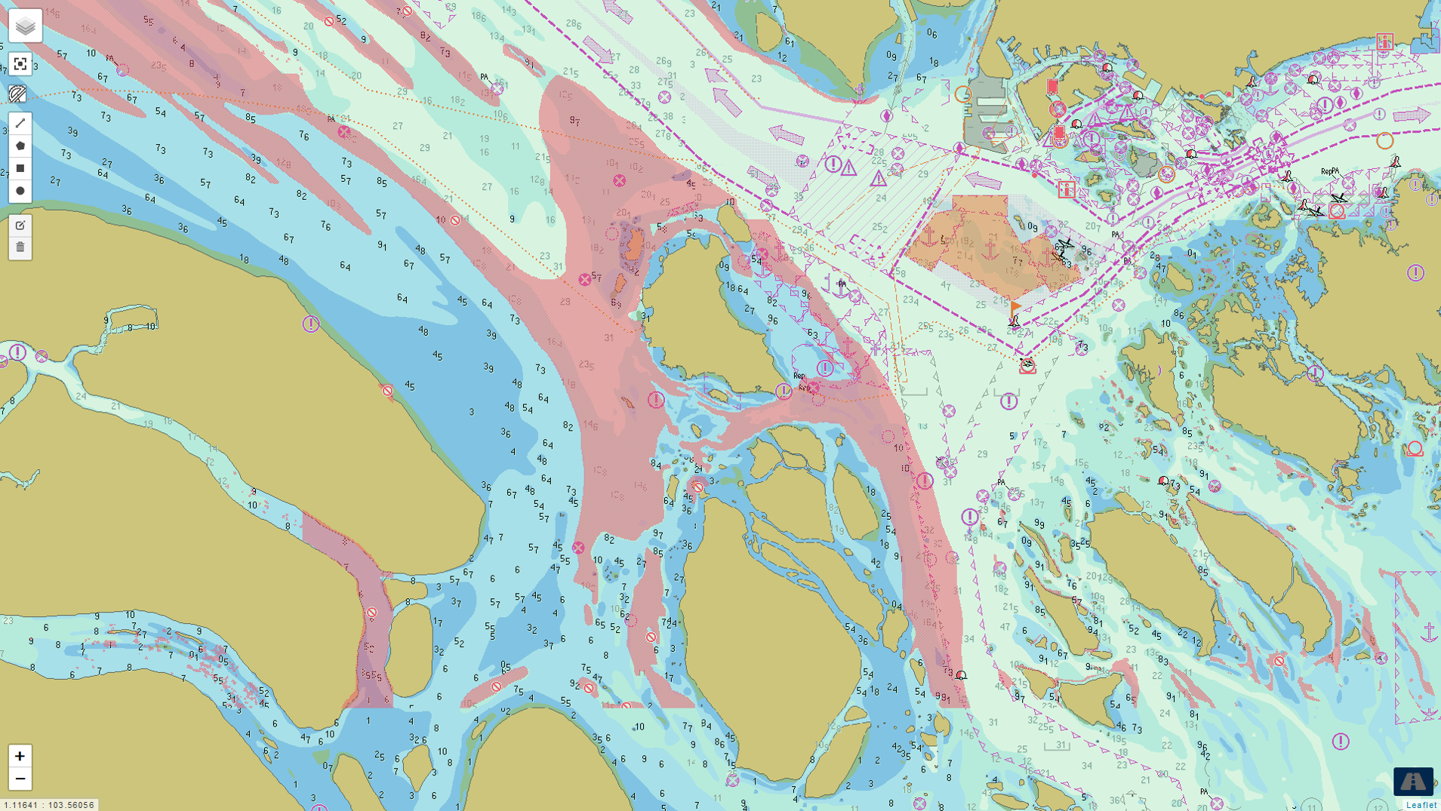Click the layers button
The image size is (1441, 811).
click(25, 26)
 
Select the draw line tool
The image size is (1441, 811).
click(20, 123)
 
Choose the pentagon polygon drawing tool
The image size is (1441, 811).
click(20, 146)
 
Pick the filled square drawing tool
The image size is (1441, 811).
click(20, 168)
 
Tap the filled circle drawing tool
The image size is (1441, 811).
click(20, 191)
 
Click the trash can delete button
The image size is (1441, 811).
click(20, 247)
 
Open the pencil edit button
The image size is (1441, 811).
click(20, 225)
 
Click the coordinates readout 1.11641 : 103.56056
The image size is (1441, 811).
click(49, 805)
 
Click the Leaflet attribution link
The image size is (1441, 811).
click(1421, 805)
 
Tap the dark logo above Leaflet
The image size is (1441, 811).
click(1413, 781)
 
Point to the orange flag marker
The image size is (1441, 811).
click(1016, 307)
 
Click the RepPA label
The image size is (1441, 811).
click(1329, 172)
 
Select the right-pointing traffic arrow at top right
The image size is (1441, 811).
click(1411, 115)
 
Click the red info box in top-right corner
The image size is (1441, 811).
click(1384, 41)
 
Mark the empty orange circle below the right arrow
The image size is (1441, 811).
click(1384, 140)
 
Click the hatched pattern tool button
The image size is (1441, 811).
click(18, 94)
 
